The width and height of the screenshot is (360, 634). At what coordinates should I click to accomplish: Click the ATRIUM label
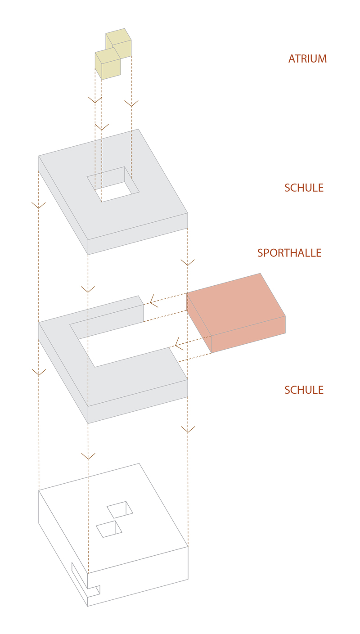307,58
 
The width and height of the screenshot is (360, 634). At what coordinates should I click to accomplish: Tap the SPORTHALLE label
289,253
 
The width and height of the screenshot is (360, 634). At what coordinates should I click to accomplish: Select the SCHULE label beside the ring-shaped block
304,188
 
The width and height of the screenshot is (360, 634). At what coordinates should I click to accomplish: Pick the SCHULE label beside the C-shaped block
304,390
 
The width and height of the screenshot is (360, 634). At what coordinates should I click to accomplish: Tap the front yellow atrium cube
108,64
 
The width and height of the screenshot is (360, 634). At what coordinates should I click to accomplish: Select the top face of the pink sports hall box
236,304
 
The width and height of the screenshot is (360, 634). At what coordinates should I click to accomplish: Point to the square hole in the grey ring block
113,184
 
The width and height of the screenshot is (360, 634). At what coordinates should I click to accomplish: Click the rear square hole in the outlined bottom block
120,510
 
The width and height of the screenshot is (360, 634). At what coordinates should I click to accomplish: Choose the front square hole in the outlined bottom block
109,529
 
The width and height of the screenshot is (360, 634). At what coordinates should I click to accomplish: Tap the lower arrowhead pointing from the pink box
179,344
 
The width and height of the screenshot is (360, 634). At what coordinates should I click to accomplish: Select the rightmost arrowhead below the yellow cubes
131,103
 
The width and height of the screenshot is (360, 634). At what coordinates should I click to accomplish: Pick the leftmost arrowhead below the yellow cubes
95,100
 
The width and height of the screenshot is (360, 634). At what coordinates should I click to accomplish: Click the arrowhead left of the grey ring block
39,206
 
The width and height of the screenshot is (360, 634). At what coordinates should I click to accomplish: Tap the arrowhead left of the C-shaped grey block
39,373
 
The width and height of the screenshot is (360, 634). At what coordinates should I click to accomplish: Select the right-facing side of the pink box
248,334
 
